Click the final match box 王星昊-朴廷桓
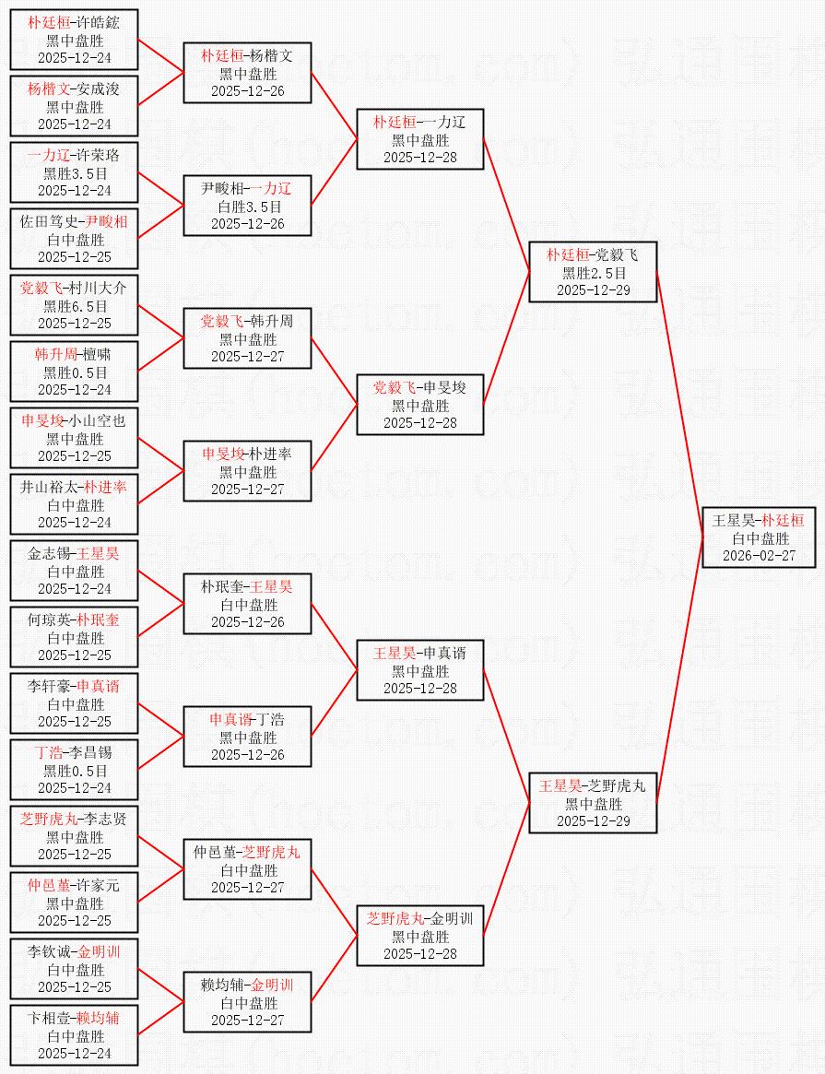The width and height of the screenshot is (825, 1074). [x=759, y=538]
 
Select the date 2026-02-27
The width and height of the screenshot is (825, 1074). [x=759, y=556]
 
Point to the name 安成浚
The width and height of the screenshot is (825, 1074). [x=97, y=89]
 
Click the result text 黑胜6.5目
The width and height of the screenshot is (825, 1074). [x=75, y=306]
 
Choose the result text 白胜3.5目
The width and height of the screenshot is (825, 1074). [x=247, y=207]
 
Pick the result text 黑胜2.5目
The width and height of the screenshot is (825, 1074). [x=593, y=273]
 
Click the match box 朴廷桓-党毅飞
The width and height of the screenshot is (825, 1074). [x=593, y=273]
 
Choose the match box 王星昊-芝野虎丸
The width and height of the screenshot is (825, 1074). [x=593, y=804]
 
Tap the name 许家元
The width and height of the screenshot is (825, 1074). [x=97, y=886]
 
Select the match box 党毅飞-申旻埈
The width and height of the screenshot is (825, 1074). [x=420, y=406]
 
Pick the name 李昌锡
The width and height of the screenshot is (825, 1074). [x=97, y=753]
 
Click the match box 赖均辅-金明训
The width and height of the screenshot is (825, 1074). [x=247, y=1003]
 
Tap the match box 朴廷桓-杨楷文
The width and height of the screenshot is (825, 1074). [x=247, y=74]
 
